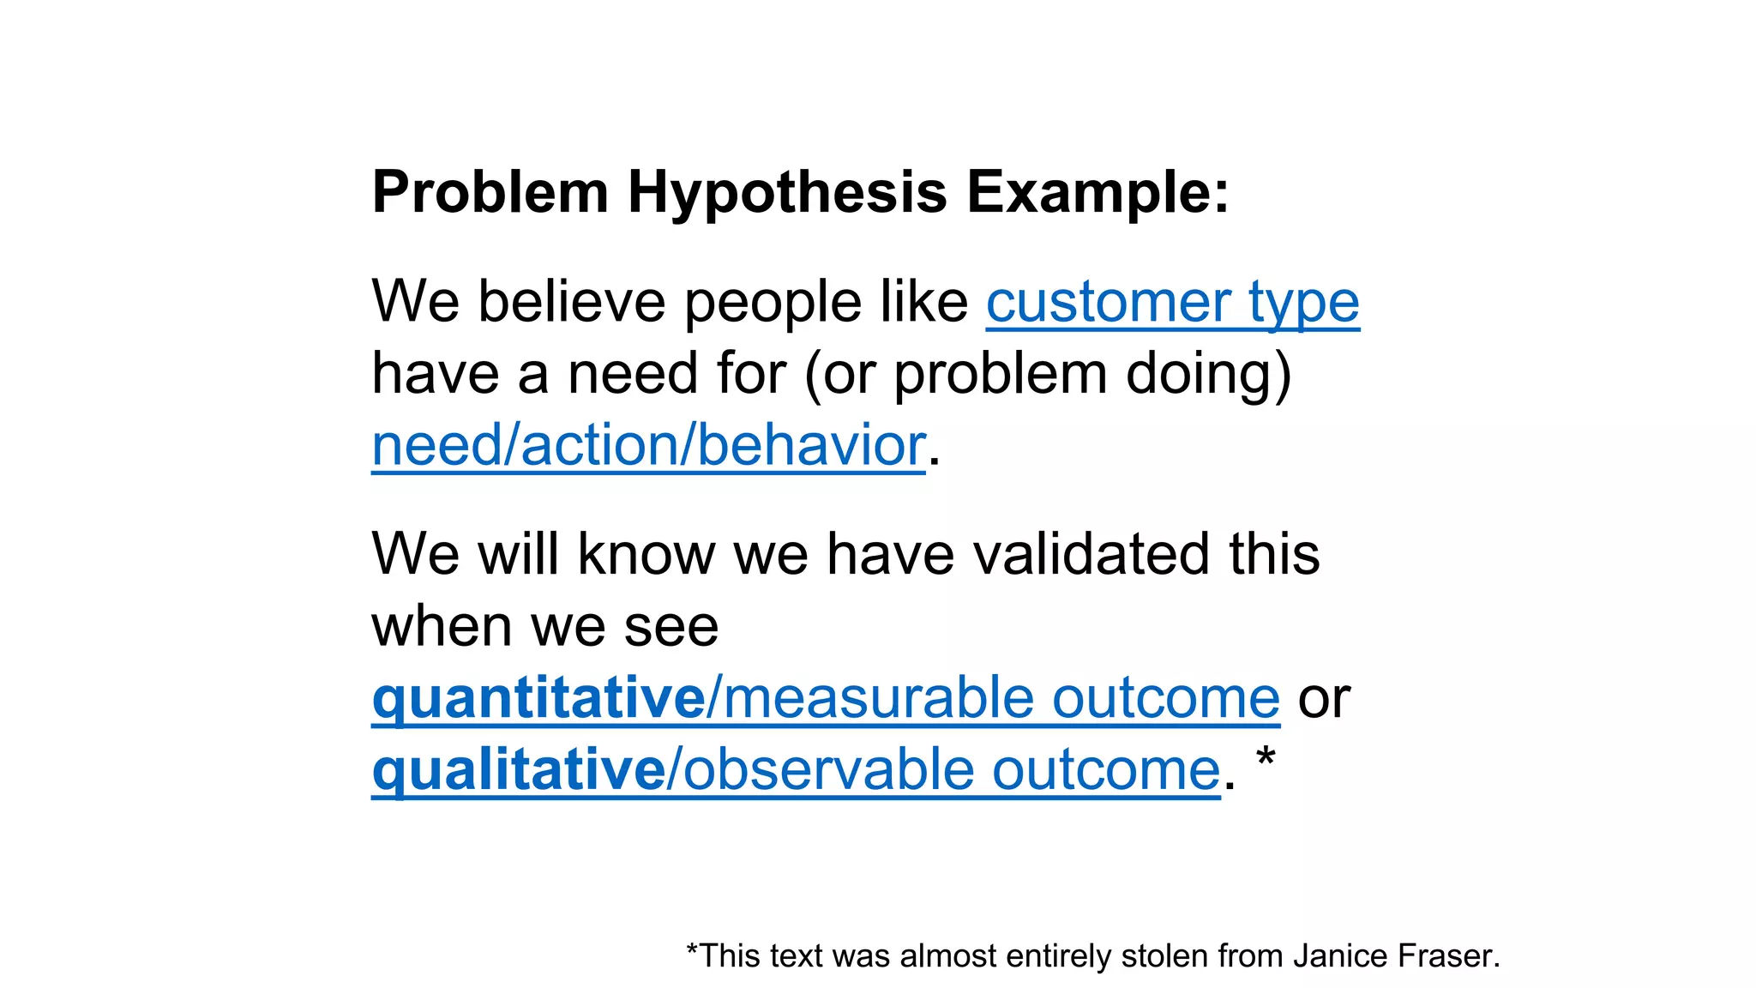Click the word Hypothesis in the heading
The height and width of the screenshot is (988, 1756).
pos(787,192)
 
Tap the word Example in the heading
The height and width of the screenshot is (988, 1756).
pos(1089,192)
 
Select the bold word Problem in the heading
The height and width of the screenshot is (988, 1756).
pos(490,192)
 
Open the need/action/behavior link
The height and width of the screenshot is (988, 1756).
pos(648,445)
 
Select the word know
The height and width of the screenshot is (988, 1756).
pos(646,554)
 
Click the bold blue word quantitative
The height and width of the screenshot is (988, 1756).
pos(538,698)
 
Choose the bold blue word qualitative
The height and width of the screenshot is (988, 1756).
pos(518,769)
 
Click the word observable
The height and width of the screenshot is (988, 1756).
pos(827,769)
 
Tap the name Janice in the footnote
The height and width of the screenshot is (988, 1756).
pos(1340,955)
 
